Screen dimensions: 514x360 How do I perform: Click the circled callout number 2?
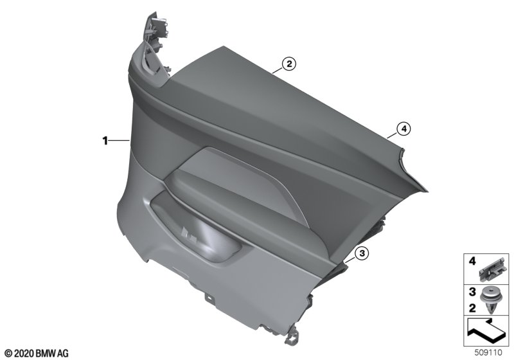point(288,64)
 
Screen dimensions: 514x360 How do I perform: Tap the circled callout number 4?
point(403,129)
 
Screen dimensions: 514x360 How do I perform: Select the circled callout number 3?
point(362,253)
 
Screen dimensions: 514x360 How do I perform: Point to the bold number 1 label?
point(105,141)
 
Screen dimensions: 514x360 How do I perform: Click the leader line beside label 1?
point(119,141)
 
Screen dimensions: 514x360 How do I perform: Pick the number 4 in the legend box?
point(472,261)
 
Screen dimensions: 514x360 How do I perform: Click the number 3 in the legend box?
point(472,291)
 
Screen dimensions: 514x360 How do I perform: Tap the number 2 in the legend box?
point(472,308)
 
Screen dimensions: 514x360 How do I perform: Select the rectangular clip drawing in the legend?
point(492,270)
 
